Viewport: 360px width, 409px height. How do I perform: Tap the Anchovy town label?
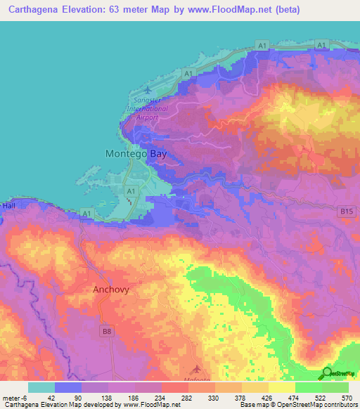tap(111, 289)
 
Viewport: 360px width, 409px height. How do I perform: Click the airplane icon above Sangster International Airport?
tap(146, 90)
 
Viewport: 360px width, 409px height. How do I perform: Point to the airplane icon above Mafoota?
tap(195, 368)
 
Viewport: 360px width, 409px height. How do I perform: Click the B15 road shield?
tap(345, 211)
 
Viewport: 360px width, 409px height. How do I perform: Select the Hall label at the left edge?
tap(8, 206)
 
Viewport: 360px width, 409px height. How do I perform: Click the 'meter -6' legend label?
tap(15, 397)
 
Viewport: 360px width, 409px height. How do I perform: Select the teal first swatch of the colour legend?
tap(41, 387)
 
